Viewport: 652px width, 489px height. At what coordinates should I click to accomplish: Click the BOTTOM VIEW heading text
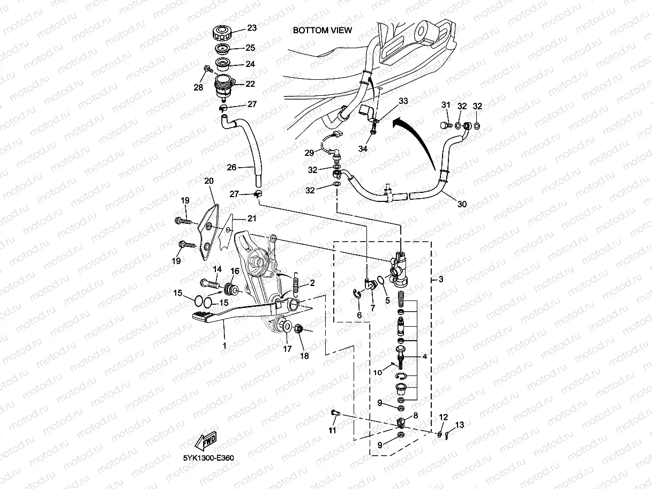322,31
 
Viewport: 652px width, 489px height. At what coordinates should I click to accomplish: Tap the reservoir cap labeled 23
221,33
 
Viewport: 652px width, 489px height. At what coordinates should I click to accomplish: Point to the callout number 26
231,167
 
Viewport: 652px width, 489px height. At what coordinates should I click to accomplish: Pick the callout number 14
217,269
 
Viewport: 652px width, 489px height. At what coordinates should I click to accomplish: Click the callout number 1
224,346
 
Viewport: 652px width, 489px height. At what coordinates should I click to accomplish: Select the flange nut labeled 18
301,329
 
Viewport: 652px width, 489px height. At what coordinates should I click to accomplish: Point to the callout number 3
440,280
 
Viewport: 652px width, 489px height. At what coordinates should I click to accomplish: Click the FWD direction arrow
205,440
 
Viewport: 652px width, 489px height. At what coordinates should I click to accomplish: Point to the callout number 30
462,204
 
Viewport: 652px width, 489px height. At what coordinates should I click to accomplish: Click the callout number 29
309,153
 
